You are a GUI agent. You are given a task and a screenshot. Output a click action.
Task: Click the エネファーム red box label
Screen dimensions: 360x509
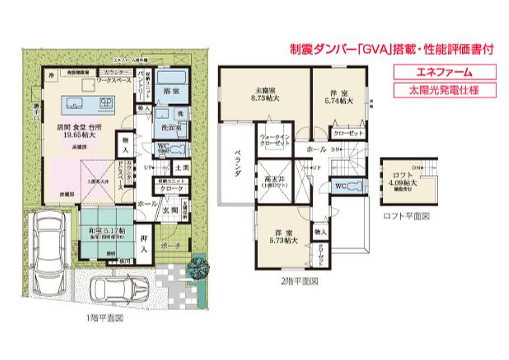pyautogui.click(x=444, y=72)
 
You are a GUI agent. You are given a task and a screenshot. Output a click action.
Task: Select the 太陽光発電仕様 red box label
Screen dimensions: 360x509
pyautogui.click(x=444, y=90)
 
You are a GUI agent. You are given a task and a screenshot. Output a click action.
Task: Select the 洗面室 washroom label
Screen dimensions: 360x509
pyautogui.click(x=169, y=128)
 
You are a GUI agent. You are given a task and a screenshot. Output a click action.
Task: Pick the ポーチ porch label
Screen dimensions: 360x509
pyautogui.click(x=171, y=246)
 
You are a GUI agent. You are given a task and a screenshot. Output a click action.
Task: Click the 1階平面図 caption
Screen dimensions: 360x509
pyautogui.click(x=105, y=319)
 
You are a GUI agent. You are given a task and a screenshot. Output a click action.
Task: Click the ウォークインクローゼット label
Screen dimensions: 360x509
pyautogui.click(x=275, y=140)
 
